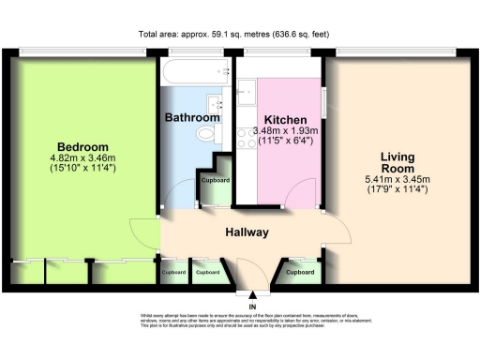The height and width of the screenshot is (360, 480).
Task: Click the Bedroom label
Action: [x=82, y=147]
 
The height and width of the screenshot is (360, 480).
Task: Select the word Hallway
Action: [x=247, y=232]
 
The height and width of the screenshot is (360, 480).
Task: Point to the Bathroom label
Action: [x=192, y=118]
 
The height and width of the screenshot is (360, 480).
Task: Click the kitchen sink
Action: [x=248, y=92]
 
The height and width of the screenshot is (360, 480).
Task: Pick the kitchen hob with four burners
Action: [x=248, y=142]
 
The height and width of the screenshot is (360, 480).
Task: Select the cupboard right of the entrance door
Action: [x=299, y=272]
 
